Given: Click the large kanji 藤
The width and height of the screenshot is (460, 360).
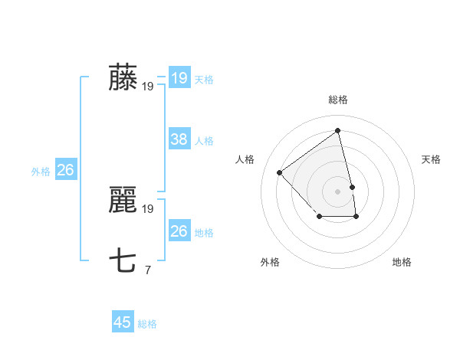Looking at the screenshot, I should point(123,79).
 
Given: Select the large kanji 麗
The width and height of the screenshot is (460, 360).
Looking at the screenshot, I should point(123,201).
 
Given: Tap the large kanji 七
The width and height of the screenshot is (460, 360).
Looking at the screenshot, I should point(123,261).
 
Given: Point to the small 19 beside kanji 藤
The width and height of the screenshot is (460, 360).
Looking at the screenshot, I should point(148,87).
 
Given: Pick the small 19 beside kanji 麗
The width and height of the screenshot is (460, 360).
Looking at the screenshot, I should point(148,208).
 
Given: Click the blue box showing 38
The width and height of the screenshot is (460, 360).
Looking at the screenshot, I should point(179,139).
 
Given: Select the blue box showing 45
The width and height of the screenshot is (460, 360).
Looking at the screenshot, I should point(123,322).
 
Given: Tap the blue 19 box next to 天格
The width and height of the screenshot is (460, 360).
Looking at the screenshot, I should point(179,78).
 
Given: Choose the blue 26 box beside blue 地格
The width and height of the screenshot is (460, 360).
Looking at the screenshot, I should point(179,231).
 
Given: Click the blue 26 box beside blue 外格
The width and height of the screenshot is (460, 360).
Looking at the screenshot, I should point(65,170).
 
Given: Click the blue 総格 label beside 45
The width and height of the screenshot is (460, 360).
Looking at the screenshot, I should point(147,324).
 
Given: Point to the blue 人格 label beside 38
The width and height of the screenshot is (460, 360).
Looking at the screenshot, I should point(204,141).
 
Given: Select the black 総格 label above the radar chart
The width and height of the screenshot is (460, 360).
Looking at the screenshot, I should point(337,100).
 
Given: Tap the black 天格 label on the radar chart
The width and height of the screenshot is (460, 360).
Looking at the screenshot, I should point(432,159).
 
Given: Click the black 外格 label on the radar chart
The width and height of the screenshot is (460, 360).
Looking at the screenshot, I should point(270,262).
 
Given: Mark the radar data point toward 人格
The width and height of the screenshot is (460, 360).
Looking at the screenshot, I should point(280,172).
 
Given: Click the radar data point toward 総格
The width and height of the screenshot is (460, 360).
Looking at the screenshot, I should point(337,131).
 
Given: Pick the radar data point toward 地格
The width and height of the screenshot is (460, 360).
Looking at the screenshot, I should point(356,217).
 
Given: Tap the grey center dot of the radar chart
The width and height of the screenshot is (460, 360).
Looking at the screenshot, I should point(337,191).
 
